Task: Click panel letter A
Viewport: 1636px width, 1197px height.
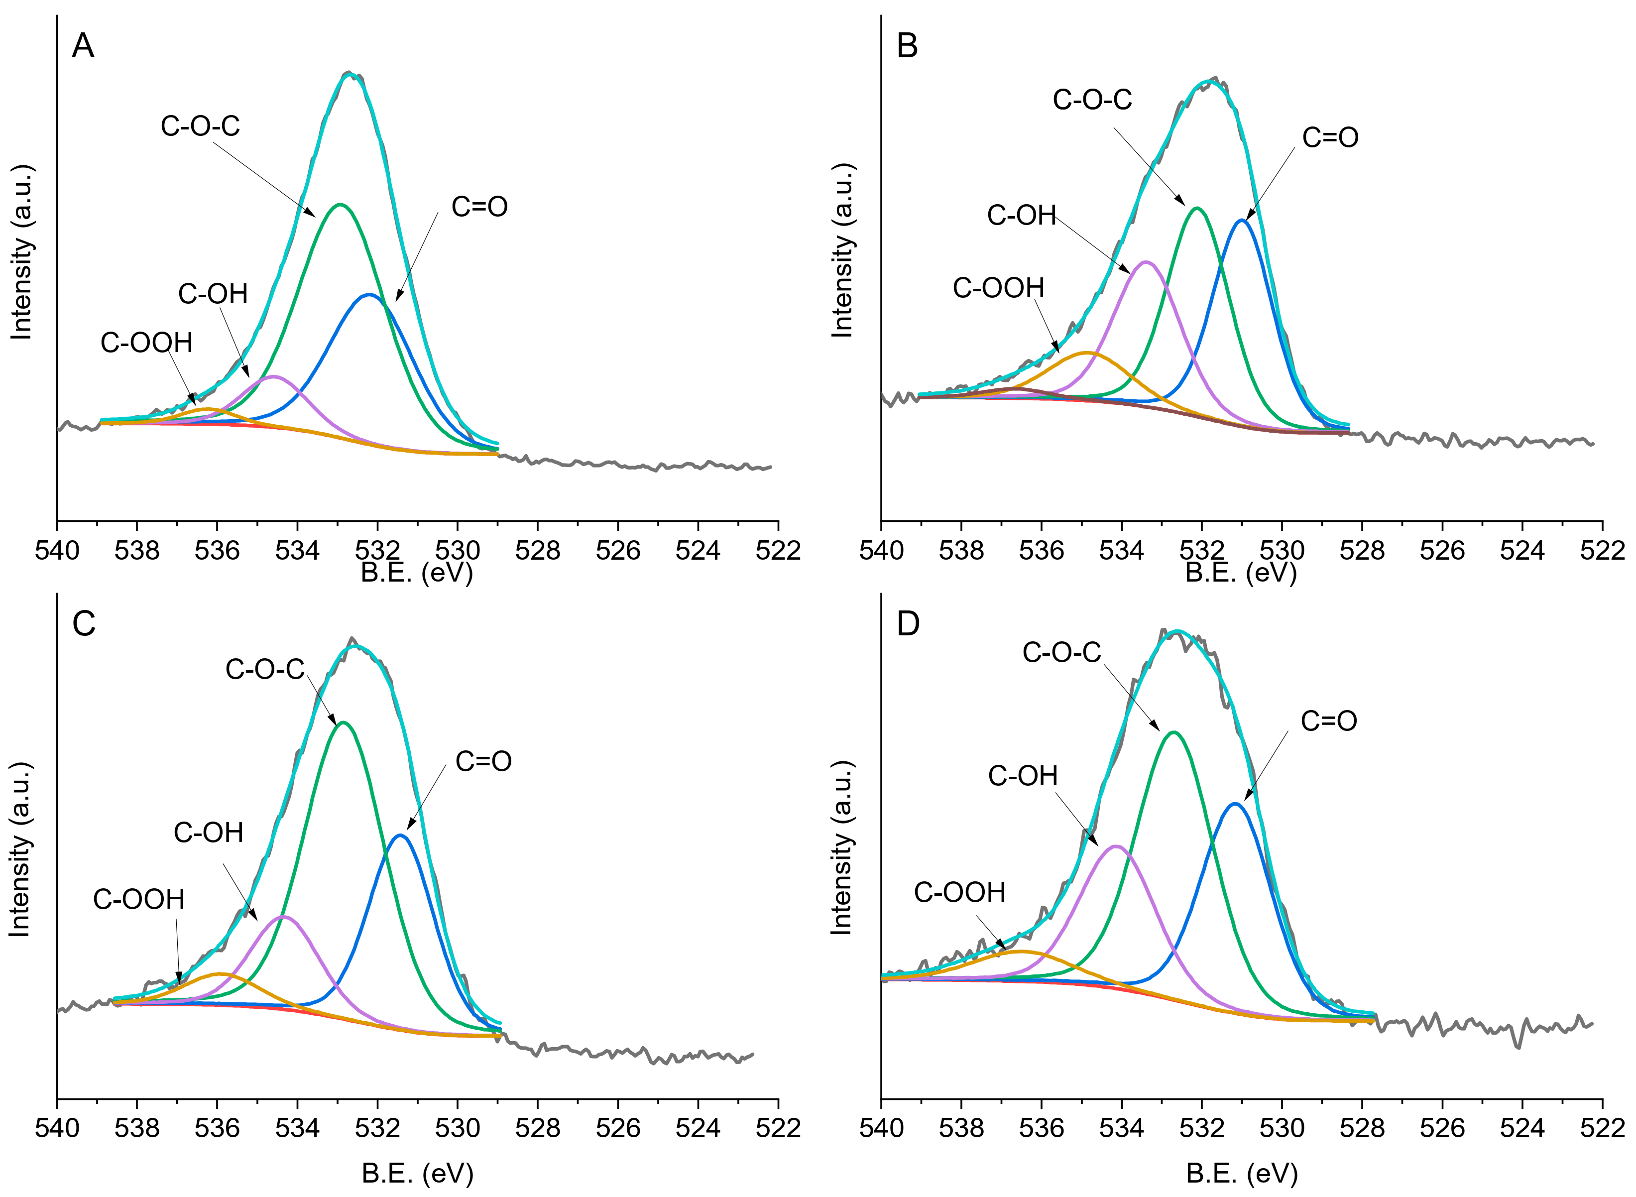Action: (x=83, y=46)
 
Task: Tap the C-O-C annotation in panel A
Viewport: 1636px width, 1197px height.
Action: (x=200, y=126)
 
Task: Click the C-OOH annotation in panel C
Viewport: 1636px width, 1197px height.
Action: (x=138, y=899)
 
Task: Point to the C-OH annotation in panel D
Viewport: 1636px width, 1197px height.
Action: (x=1022, y=776)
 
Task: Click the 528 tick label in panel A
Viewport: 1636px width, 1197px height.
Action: (x=538, y=551)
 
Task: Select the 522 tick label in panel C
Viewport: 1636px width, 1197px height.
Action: (x=778, y=1129)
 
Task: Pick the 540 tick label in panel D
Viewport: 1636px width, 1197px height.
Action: (x=881, y=1129)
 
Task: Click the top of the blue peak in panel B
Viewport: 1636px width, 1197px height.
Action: (x=1242, y=220)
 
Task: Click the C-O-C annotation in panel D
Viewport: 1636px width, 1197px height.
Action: (x=1061, y=653)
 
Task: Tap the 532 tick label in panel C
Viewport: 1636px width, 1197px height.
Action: (x=377, y=1129)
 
